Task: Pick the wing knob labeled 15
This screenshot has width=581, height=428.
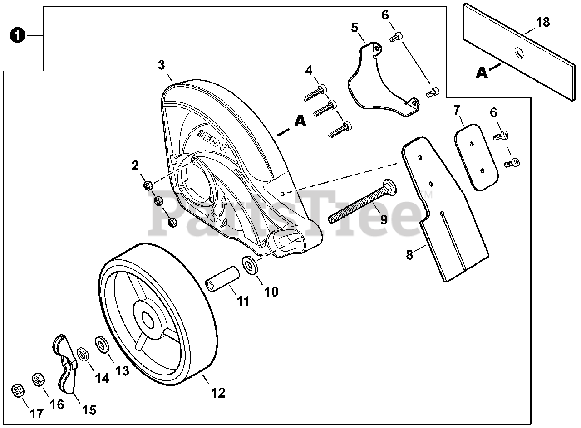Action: click(64, 363)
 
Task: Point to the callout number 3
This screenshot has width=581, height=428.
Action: click(162, 65)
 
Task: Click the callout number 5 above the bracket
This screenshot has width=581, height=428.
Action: click(355, 28)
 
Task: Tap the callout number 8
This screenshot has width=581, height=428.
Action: click(409, 255)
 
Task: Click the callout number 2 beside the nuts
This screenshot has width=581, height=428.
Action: click(135, 166)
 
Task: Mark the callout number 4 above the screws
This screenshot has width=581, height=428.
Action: click(309, 71)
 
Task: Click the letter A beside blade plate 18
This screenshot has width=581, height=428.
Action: click(482, 73)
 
